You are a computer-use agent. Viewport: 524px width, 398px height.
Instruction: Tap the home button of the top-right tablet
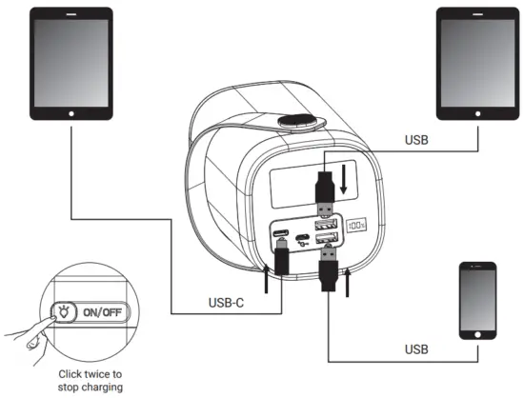coord(474,111)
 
